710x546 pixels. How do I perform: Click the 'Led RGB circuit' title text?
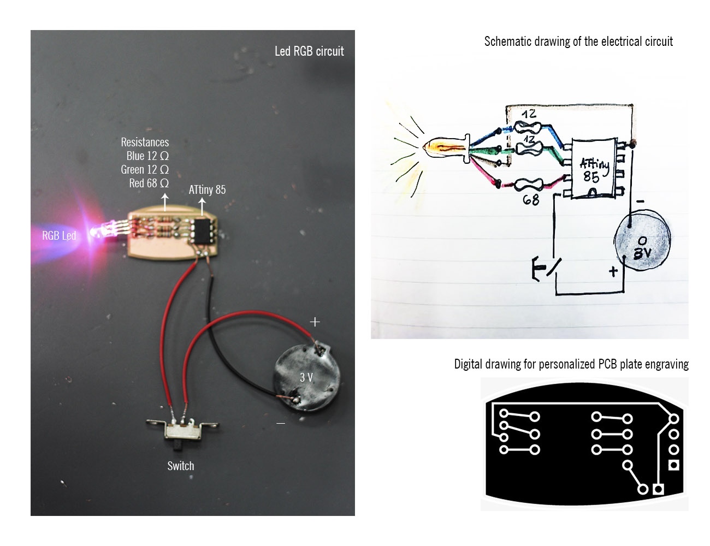[309, 51]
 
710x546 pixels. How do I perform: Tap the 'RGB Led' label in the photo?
[59, 236]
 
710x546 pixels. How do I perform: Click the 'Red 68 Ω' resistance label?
[149, 183]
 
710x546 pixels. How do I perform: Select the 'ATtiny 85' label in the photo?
[207, 190]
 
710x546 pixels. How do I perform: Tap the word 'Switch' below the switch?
[181, 466]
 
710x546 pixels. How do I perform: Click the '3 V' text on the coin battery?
[306, 377]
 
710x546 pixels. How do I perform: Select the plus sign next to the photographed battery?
[315, 322]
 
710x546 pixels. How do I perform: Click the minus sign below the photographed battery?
[281, 423]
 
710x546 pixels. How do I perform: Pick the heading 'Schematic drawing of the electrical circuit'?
[578, 41]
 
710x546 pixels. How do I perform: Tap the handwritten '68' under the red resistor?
[531, 200]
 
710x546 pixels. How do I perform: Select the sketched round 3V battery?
[642, 240]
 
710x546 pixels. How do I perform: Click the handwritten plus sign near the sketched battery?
[613, 271]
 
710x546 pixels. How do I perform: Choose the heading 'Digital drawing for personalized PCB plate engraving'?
[571, 364]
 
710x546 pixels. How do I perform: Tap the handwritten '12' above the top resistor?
[529, 114]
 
